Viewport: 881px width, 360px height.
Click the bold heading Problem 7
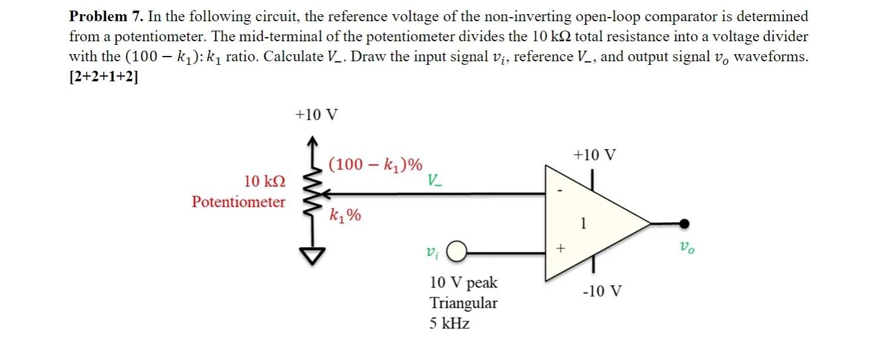[x=105, y=16]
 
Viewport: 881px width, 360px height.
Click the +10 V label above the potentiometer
[x=316, y=114]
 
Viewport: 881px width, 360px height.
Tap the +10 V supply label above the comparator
[x=595, y=156]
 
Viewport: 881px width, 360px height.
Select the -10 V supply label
[x=601, y=291]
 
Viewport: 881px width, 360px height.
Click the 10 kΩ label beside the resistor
[x=265, y=181]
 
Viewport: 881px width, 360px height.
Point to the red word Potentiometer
[x=239, y=202]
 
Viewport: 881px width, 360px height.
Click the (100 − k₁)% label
[x=375, y=164]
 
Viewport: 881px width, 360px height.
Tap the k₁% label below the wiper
[x=345, y=216]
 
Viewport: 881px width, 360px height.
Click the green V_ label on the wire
[x=435, y=180]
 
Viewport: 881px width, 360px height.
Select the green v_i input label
[x=432, y=253]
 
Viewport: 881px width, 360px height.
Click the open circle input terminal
[x=457, y=252]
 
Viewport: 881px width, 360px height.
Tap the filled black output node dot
[x=684, y=223]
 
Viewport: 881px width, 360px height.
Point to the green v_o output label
[x=686, y=248]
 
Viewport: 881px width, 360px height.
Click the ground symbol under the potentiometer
[x=314, y=255]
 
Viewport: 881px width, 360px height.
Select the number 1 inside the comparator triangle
[x=583, y=223]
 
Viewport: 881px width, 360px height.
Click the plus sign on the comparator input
[x=559, y=250]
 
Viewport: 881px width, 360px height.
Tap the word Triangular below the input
[x=463, y=303]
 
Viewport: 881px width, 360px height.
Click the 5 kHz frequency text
[x=449, y=323]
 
